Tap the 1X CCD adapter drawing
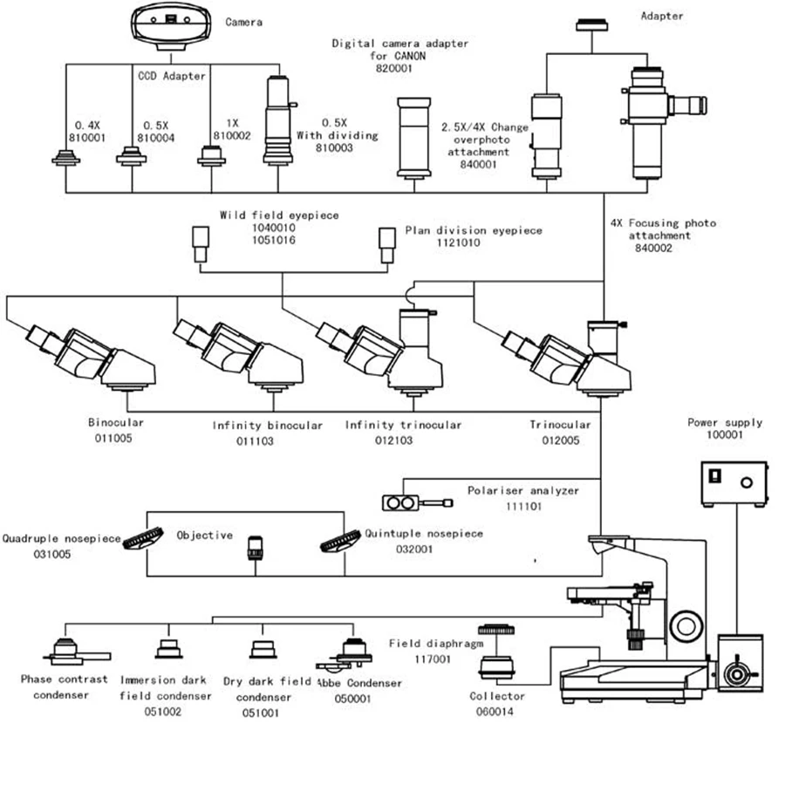coord(213,154)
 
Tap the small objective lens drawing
coord(256,549)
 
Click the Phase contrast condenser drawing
coord(68,651)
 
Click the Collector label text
coord(497,696)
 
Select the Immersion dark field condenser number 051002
coord(163,712)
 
